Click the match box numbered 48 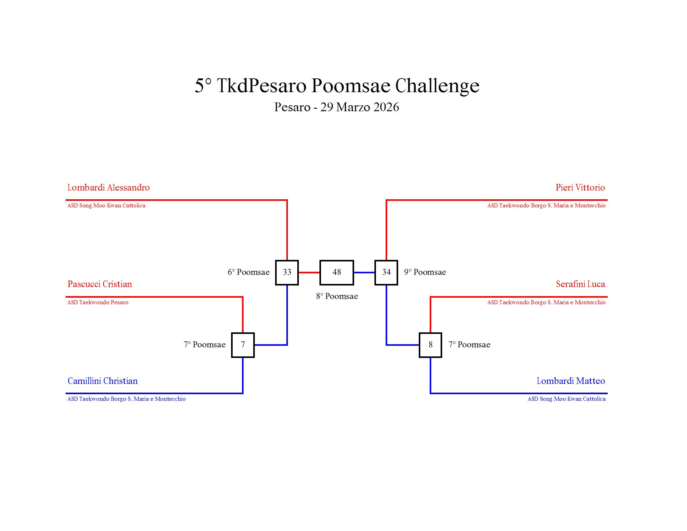(x=337, y=272)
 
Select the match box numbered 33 (x=287, y=272)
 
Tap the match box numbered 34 (x=386, y=272)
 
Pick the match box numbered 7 (x=243, y=345)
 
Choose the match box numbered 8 (x=430, y=345)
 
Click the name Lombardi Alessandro (x=109, y=187)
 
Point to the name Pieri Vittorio (x=580, y=187)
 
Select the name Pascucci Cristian (x=100, y=284)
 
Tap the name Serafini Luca (x=581, y=284)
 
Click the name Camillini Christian (x=102, y=381)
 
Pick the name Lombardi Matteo (x=571, y=381)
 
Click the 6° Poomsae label (x=249, y=272)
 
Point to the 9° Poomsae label (x=425, y=272)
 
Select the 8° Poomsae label (x=337, y=296)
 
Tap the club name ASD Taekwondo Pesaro (x=98, y=302)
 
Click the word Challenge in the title (x=437, y=86)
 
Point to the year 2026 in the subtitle (x=387, y=107)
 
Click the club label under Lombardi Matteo (x=566, y=399)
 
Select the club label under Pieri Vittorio (x=546, y=206)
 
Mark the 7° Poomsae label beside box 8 (x=469, y=345)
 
